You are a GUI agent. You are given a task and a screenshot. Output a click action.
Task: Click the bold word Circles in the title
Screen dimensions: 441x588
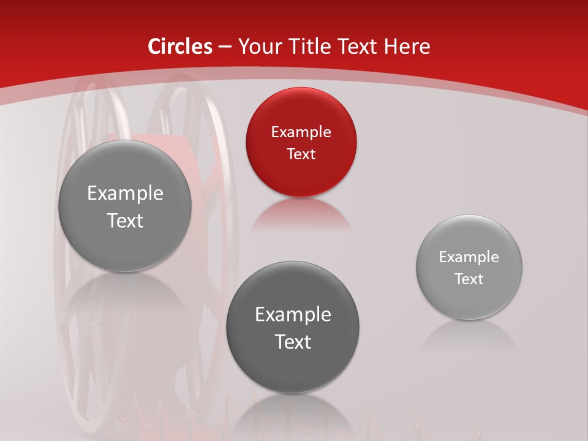point(179,47)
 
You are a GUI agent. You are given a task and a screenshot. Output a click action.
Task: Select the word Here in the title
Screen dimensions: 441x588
point(407,47)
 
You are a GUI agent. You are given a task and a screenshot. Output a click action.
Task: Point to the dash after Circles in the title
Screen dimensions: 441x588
point(224,47)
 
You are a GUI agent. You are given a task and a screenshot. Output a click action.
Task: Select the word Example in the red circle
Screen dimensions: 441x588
point(301,132)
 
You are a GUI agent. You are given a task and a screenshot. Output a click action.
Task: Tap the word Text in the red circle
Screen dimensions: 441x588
point(301,154)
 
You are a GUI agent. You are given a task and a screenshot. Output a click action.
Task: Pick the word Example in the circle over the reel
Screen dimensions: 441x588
point(125,194)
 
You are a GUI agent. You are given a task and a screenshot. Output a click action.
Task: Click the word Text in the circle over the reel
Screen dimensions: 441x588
point(125,221)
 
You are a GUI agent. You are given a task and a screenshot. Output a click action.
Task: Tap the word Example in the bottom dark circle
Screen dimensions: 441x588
point(293,315)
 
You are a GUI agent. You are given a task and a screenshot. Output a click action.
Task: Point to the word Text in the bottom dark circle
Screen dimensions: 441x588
point(293,342)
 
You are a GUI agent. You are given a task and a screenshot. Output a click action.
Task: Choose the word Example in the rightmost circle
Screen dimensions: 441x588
point(469,257)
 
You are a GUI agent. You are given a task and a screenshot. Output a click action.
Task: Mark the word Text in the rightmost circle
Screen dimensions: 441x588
point(469,279)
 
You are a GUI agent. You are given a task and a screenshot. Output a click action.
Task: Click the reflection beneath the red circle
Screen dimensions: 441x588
point(301,214)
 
